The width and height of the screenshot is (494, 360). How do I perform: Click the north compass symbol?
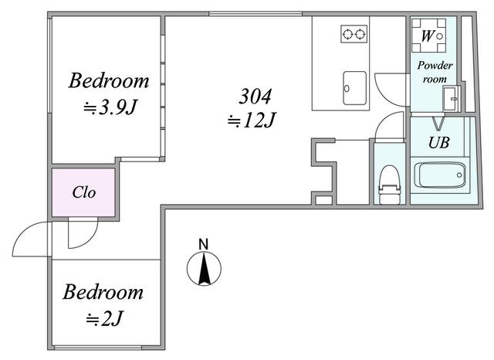tap(204, 269)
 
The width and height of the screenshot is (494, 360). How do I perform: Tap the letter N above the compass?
tap(204, 244)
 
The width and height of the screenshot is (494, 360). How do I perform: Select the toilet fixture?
tap(390, 185)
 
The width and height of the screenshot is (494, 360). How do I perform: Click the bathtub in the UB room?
tap(440, 175)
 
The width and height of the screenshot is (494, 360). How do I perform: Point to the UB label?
tap(439, 143)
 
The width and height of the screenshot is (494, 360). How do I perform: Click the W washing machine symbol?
tap(428, 36)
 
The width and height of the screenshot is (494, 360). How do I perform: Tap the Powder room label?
tap(435, 72)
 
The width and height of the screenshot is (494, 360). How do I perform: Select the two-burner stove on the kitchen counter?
tap(354, 34)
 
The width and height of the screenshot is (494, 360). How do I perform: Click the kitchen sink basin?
tap(355, 88)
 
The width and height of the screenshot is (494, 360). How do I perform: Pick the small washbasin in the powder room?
tap(450, 98)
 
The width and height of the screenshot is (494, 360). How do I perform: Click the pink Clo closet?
tap(83, 192)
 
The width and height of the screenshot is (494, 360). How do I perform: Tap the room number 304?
tap(255, 96)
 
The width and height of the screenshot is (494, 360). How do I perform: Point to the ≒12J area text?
tap(252, 120)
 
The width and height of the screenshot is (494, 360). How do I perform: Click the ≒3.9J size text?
tap(110, 108)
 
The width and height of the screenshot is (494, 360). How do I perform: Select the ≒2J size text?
tap(103, 319)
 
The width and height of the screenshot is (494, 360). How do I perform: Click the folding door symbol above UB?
tap(438, 124)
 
